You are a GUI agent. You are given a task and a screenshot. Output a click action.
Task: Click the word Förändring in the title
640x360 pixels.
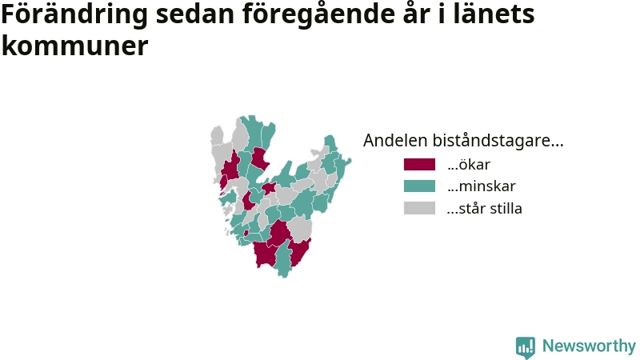click(x=74, y=15)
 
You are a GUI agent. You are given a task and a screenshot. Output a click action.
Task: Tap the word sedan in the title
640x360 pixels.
click(x=194, y=14)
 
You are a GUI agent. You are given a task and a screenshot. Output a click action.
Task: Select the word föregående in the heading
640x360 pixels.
click(x=319, y=15)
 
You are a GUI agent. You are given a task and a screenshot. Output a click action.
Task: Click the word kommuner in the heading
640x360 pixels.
click(x=74, y=45)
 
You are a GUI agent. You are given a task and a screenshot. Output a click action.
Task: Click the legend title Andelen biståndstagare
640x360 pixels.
click(x=463, y=140)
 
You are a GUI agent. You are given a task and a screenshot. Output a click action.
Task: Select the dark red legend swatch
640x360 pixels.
click(x=419, y=165)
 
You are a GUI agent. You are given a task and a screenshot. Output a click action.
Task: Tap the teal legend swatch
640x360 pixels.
click(x=419, y=186)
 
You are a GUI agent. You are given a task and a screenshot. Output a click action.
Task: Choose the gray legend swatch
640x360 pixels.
click(x=419, y=208)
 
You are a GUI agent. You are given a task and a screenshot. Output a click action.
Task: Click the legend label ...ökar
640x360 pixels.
click(x=469, y=165)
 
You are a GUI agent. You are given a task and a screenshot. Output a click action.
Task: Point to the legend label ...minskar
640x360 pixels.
click(x=482, y=186)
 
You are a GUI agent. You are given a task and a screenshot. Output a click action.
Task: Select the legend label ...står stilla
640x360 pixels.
click(x=485, y=208)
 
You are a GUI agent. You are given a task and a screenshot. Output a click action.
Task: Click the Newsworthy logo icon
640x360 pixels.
click(x=526, y=347)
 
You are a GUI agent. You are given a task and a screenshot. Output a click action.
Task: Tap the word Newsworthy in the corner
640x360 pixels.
click(x=589, y=346)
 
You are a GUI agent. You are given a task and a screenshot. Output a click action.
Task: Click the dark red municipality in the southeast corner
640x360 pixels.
click(x=299, y=252)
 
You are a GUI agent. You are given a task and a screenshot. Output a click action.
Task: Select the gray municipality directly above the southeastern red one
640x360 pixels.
click(x=300, y=229)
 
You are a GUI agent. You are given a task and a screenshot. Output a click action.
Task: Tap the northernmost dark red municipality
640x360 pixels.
click(x=259, y=158)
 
